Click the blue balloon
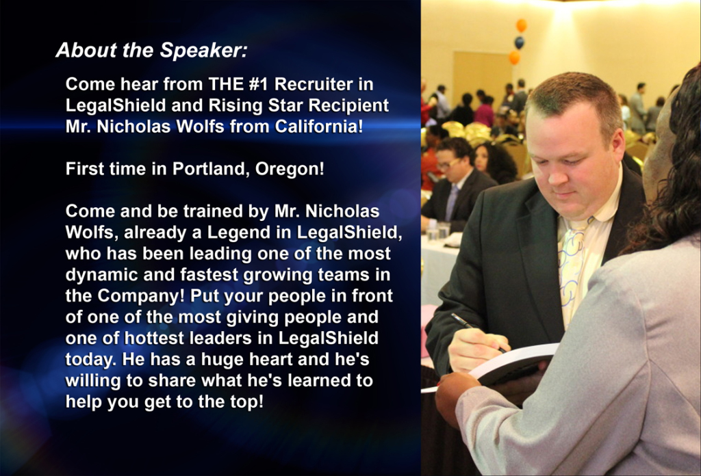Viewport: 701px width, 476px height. coord(519,42)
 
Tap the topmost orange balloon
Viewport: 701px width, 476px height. coord(521,25)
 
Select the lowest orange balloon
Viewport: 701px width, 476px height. coord(514,57)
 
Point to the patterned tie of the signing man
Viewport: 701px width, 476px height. coord(572,268)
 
